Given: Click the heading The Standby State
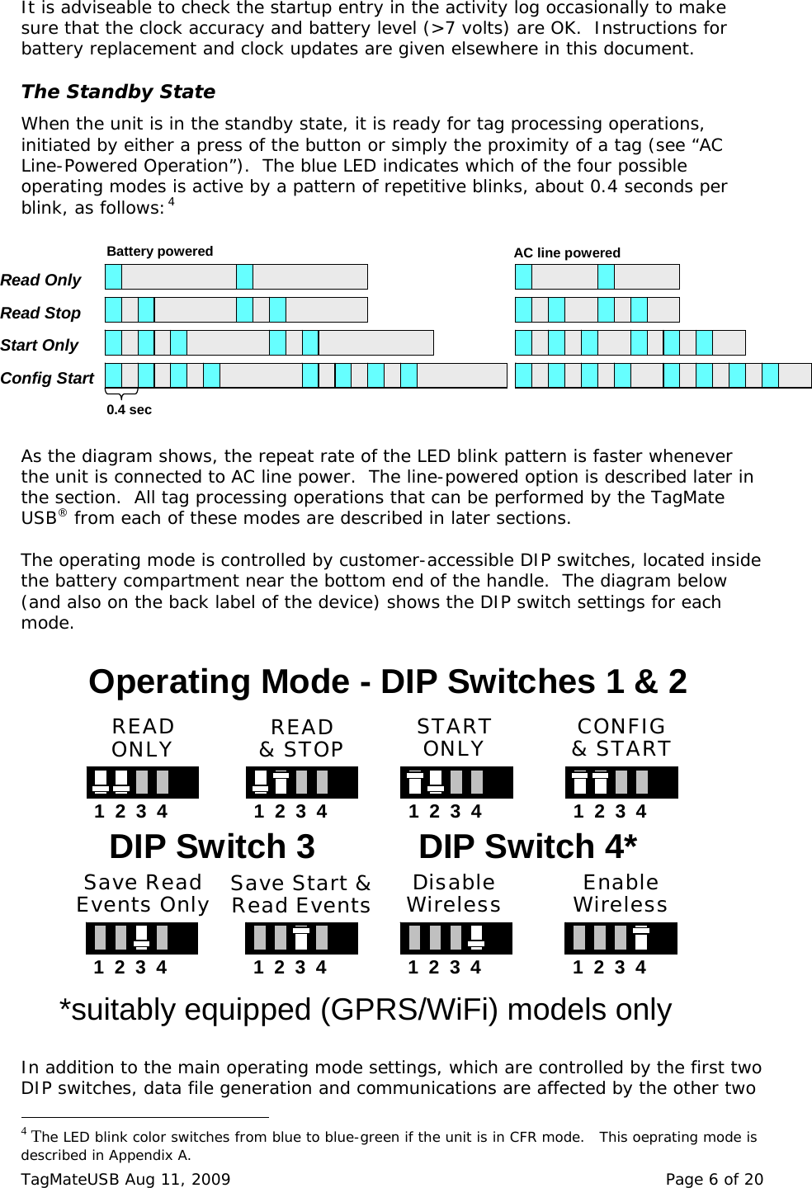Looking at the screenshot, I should pos(118,92).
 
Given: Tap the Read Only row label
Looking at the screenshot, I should pos(40,280).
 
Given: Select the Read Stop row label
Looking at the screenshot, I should pos(40,313).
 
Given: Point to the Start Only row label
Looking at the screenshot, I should pos(39,346).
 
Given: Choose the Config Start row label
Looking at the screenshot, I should pos(47,379).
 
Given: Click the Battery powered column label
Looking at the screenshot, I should pos(160,252).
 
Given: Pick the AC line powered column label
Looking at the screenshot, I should pos(567,253).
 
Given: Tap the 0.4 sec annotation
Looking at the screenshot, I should pos(129,409).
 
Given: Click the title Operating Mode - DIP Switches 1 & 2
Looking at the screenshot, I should pos(387,682).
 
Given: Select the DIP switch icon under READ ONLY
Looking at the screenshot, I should pos(142,782).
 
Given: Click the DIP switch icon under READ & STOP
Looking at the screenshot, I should pos(301,782).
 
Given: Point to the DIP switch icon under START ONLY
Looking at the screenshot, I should pos(456,782).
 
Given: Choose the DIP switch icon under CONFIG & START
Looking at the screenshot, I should pos(621,782).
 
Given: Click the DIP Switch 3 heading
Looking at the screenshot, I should pos(212,847).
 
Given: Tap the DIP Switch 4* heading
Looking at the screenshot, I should pos(528,847).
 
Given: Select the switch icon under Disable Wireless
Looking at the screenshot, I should pos(456,939).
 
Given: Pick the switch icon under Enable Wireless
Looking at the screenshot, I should pos(621,939).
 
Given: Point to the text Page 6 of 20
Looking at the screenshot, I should pos(714,1178).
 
